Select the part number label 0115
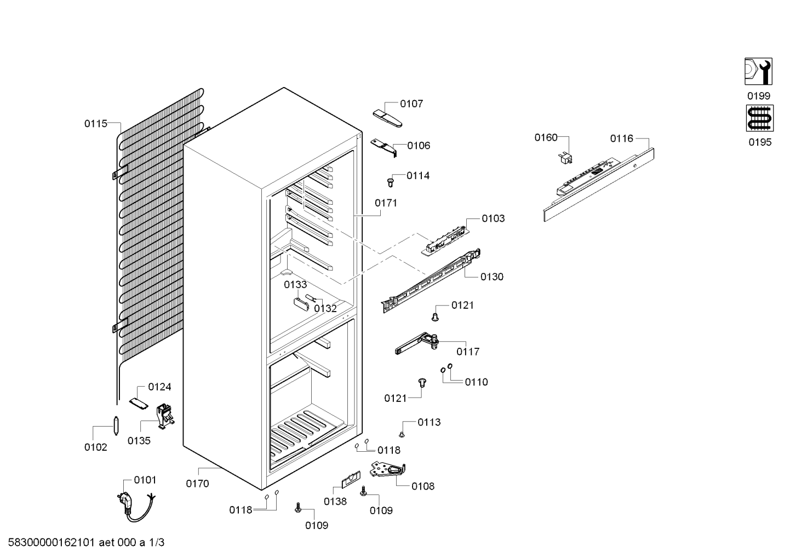95,124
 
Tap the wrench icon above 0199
758,72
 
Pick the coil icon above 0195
760,118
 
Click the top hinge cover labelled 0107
387,118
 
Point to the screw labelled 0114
391,182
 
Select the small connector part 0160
565,158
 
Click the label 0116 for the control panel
621,139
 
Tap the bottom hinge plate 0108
387,470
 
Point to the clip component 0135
165,416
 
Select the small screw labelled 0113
402,435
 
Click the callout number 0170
197,484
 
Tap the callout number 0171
386,203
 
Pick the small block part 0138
351,479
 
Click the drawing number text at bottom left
86,543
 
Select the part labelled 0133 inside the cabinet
301,304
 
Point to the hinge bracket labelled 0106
383,147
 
